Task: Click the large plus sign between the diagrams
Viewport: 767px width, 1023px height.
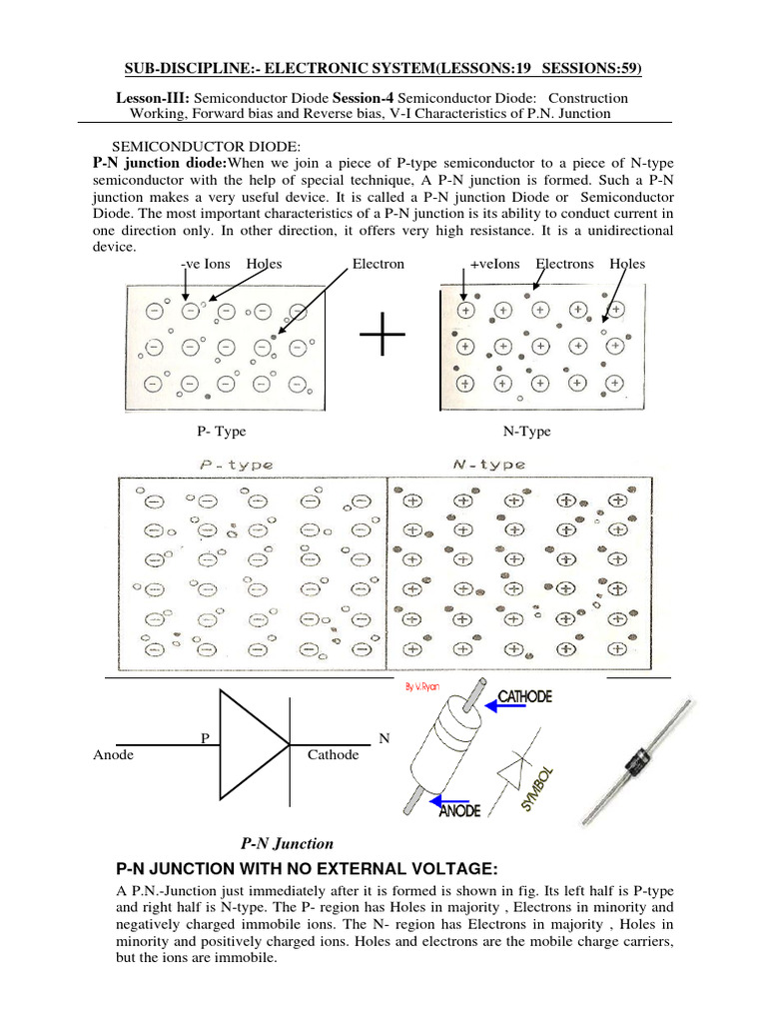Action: tap(383, 340)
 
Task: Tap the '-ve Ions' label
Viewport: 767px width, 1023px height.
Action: tap(205, 264)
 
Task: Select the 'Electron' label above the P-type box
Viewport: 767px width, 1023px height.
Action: tap(379, 264)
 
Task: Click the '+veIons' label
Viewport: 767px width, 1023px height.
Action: tap(496, 264)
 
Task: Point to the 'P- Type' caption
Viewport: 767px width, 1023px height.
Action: tap(222, 432)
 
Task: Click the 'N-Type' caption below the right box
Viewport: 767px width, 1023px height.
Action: tap(526, 432)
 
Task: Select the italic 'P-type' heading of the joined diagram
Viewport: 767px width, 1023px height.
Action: tap(237, 465)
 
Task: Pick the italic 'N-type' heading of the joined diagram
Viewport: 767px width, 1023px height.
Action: tap(489, 465)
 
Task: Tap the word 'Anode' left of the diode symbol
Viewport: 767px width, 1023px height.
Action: tap(113, 755)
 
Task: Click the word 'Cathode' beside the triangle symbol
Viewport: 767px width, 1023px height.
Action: tap(333, 755)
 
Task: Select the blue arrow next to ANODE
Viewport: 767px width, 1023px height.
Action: tap(453, 799)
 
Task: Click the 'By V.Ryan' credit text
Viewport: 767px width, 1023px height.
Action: tap(424, 686)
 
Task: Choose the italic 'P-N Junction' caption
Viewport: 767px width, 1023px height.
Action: tap(287, 844)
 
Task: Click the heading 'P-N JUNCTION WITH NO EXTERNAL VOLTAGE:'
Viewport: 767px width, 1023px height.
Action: tap(307, 867)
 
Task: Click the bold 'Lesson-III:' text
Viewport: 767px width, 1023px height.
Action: tap(154, 98)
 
